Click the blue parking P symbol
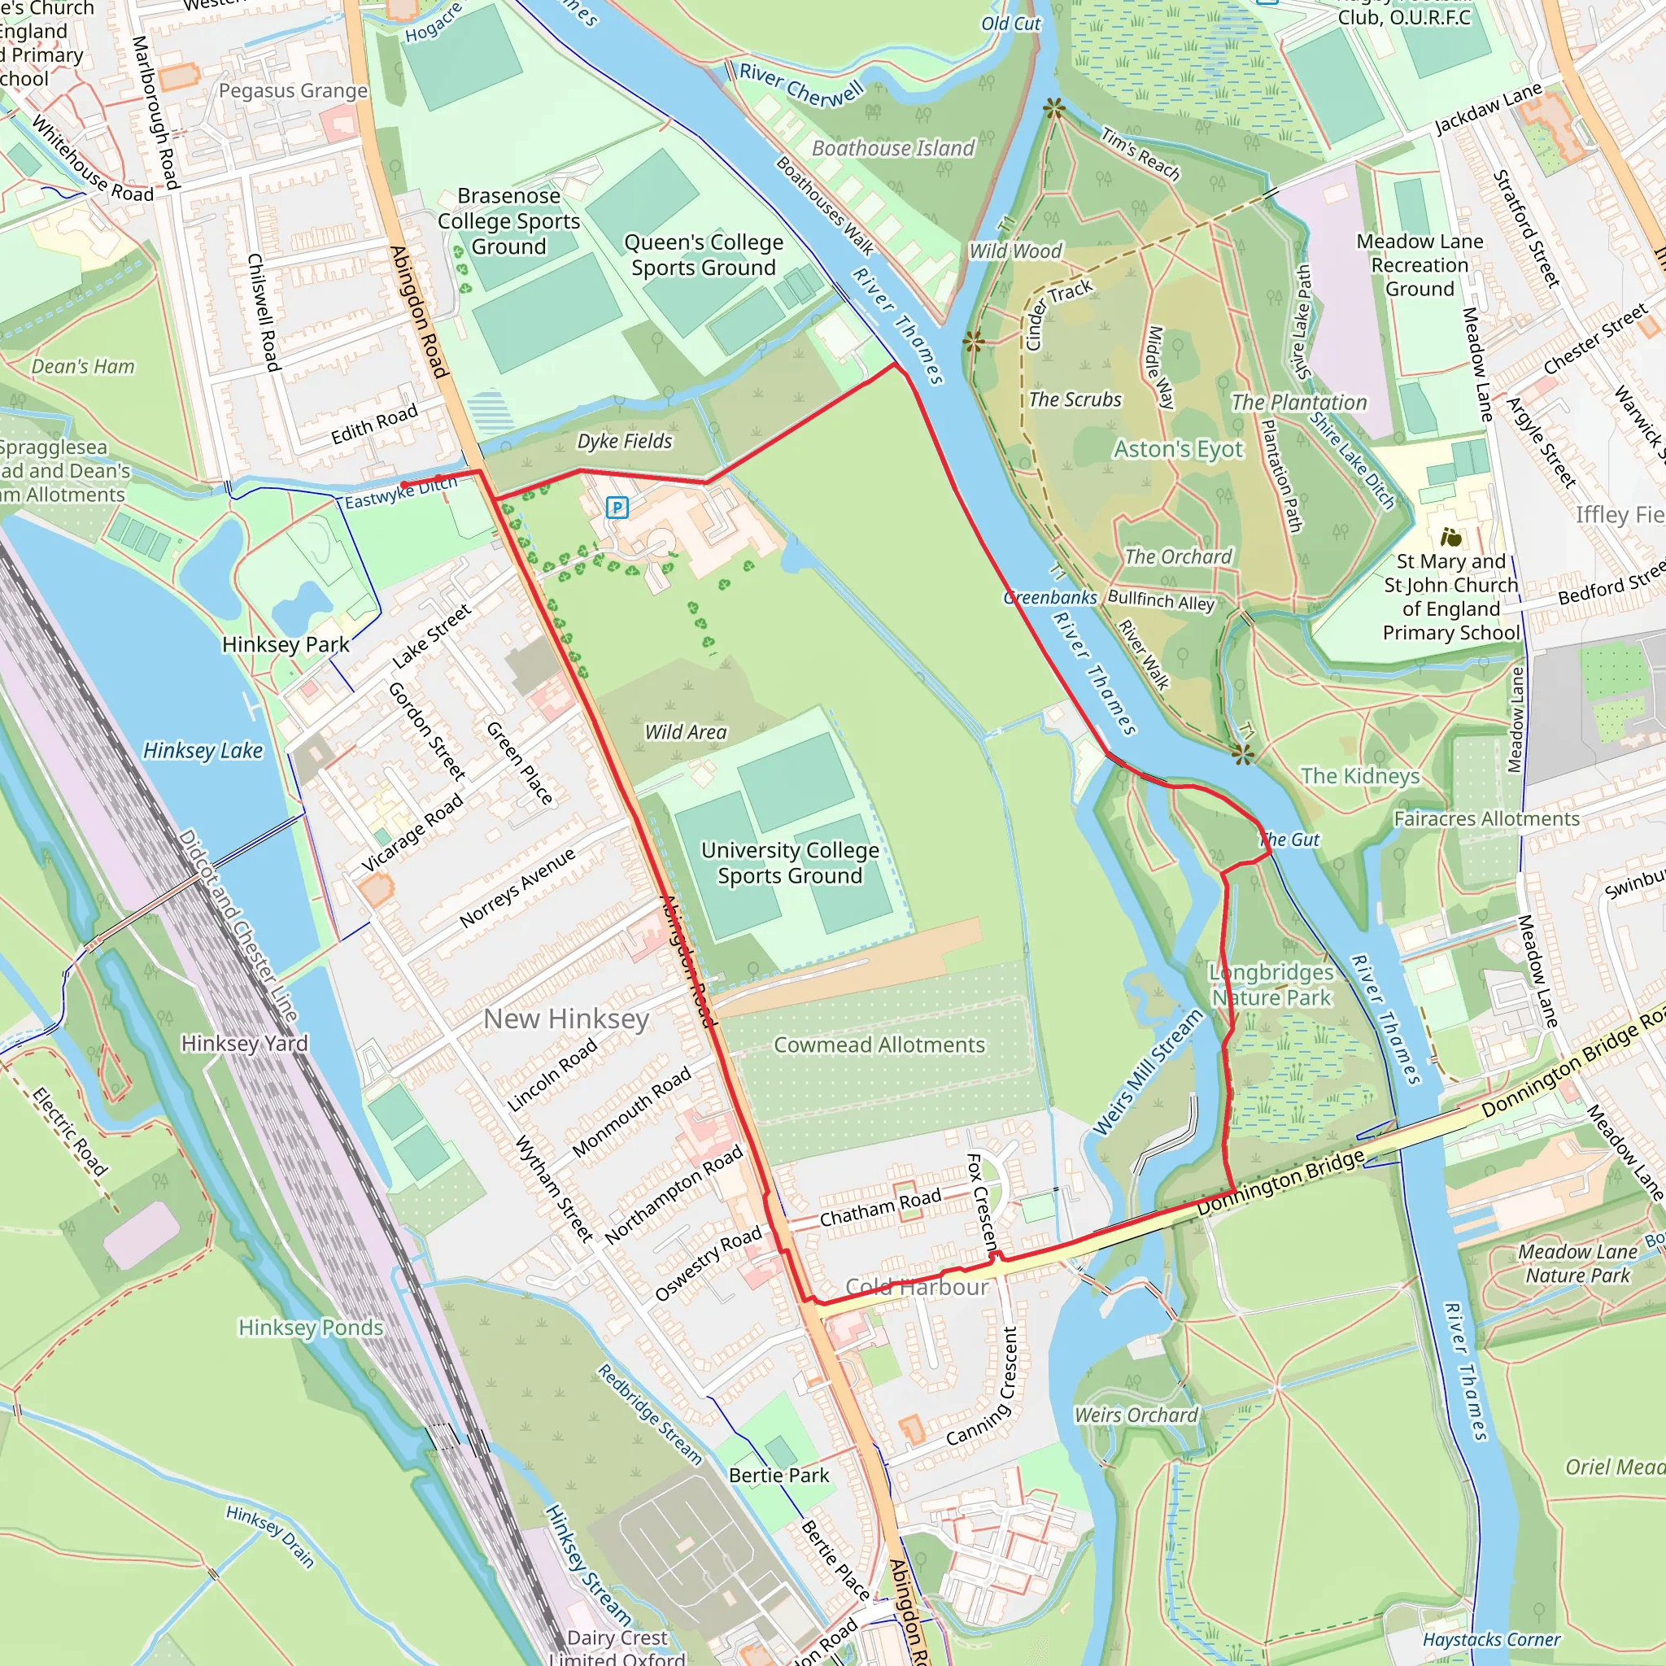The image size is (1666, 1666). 617,507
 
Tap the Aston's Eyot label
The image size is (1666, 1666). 1178,449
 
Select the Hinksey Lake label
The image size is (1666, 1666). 203,750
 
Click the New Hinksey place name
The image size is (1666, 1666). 565,1018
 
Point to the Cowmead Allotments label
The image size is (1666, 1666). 879,1045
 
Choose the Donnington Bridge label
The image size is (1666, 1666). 1280,1182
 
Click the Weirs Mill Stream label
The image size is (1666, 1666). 1148,1072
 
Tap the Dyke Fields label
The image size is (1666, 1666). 624,441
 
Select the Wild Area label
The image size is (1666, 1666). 686,732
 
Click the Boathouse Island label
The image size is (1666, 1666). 893,148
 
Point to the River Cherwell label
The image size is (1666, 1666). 801,85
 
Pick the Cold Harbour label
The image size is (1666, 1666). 917,1288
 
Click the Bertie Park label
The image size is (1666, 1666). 778,1476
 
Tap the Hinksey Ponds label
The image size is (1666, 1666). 311,1327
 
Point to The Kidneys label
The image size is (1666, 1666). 1360,776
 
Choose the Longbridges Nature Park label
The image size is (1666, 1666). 1271,985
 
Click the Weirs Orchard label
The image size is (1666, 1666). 1136,1415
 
